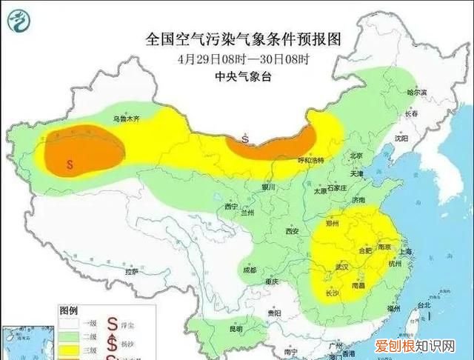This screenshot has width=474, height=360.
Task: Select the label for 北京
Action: (x=355, y=156)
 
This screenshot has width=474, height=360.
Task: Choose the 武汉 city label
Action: (x=341, y=266)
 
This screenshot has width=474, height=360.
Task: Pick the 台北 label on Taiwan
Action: (x=424, y=305)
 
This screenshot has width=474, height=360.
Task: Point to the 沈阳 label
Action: (x=401, y=139)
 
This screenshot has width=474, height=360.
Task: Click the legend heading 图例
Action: (x=69, y=311)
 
